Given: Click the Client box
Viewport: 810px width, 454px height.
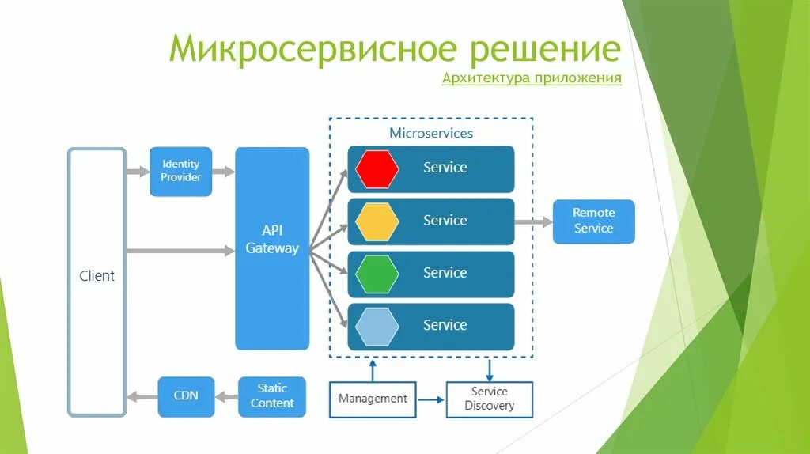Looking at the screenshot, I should coord(97,282).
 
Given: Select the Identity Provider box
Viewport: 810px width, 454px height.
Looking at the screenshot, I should coord(181,171).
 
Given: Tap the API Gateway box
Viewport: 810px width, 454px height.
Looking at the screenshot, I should coord(272,248).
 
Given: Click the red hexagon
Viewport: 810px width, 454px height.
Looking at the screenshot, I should coord(377,168).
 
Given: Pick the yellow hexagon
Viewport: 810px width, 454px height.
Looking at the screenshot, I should coord(377,221).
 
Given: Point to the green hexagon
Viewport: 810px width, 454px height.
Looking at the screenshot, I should coord(377,274).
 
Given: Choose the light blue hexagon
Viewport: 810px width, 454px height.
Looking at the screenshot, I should coord(377,326).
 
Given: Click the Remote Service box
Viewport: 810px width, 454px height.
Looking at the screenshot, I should coord(593,221).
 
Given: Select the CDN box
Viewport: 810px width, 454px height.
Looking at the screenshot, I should coord(186,396).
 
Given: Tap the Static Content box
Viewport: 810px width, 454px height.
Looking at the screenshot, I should coord(272,396).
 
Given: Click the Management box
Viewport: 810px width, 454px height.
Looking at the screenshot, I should coord(373,399).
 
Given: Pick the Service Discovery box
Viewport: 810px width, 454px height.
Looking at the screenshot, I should coord(490,399).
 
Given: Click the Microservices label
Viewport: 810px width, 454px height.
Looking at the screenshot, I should coord(431,133).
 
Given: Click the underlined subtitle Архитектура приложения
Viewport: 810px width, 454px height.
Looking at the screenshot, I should coord(532,78).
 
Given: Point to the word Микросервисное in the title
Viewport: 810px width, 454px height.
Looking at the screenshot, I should coord(313,49).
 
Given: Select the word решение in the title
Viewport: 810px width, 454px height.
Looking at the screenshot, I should coord(545,49).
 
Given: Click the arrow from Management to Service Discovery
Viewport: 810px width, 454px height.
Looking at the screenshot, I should coord(431,399).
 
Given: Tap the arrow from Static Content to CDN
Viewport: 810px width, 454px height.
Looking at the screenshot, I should coord(226,396).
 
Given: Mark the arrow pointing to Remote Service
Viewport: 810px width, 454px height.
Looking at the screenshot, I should coord(533,221).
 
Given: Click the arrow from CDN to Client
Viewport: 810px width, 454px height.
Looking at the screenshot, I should coord(142,396).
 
